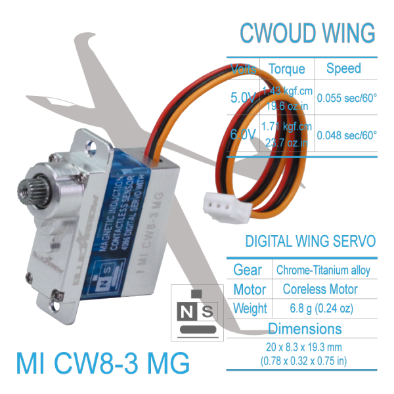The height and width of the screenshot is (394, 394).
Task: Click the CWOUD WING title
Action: (x=307, y=32)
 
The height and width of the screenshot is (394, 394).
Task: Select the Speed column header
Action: (x=343, y=68)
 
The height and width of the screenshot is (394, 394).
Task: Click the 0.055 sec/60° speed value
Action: (x=347, y=97)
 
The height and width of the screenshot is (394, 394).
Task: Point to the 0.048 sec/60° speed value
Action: (x=347, y=135)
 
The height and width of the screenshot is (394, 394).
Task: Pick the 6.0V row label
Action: (x=242, y=135)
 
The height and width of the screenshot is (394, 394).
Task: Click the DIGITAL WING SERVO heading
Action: (x=310, y=242)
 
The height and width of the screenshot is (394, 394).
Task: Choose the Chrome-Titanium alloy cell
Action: (x=322, y=270)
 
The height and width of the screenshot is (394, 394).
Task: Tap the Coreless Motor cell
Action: (x=320, y=289)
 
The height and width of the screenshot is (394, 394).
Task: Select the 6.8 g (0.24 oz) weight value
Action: (x=320, y=308)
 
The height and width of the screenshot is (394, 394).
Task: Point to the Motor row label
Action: (x=250, y=289)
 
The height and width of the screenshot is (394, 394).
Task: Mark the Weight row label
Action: (x=250, y=308)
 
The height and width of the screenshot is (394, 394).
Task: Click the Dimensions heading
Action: (x=304, y=328)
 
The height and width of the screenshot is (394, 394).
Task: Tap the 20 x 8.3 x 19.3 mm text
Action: (x=305, y=347)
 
